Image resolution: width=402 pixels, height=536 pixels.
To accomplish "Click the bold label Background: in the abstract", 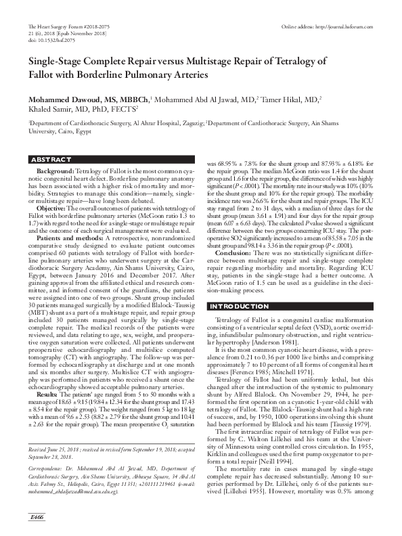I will tap(55, 172).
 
